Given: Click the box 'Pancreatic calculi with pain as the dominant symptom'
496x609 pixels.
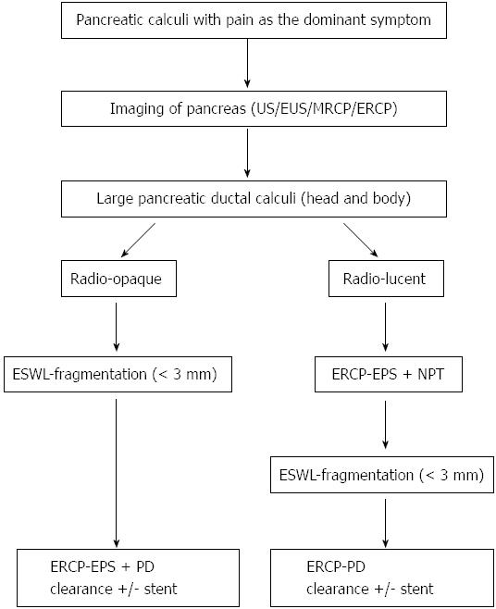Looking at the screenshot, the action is (254, 20).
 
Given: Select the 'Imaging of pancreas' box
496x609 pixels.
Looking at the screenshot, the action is (254, 109).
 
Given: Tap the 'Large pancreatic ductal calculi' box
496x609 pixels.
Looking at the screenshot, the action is (254, 198).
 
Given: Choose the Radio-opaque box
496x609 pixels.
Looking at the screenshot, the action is (118, 279).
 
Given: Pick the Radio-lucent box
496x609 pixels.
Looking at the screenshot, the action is (386, 279).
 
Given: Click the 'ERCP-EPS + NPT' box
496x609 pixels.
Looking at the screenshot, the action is (389, 374).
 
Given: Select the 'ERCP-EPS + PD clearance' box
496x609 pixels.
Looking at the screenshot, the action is (128, 578).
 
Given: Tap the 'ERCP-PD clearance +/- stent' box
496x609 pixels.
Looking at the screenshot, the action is (382, 578).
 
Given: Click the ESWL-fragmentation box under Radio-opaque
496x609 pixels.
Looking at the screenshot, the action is (118, 374).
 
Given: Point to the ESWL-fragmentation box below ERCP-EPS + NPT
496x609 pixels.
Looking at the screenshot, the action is (382, 475).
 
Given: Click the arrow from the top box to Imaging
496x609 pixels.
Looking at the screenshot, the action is (247, 63).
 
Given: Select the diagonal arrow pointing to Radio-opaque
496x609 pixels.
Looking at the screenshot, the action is (138, 240).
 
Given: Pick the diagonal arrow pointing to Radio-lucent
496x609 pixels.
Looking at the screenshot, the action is (361, 240).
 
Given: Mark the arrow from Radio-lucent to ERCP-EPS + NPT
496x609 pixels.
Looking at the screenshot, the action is (385, 327).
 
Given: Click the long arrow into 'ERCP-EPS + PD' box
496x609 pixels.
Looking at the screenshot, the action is (117, 473).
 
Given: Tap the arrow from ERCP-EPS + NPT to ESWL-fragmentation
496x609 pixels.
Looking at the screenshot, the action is (385, 425).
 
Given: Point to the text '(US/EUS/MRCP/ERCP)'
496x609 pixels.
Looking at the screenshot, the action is (325, 109).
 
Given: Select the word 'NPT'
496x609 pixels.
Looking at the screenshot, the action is (430, 374).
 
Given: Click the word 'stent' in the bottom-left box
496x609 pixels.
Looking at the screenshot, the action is (160, 589).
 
